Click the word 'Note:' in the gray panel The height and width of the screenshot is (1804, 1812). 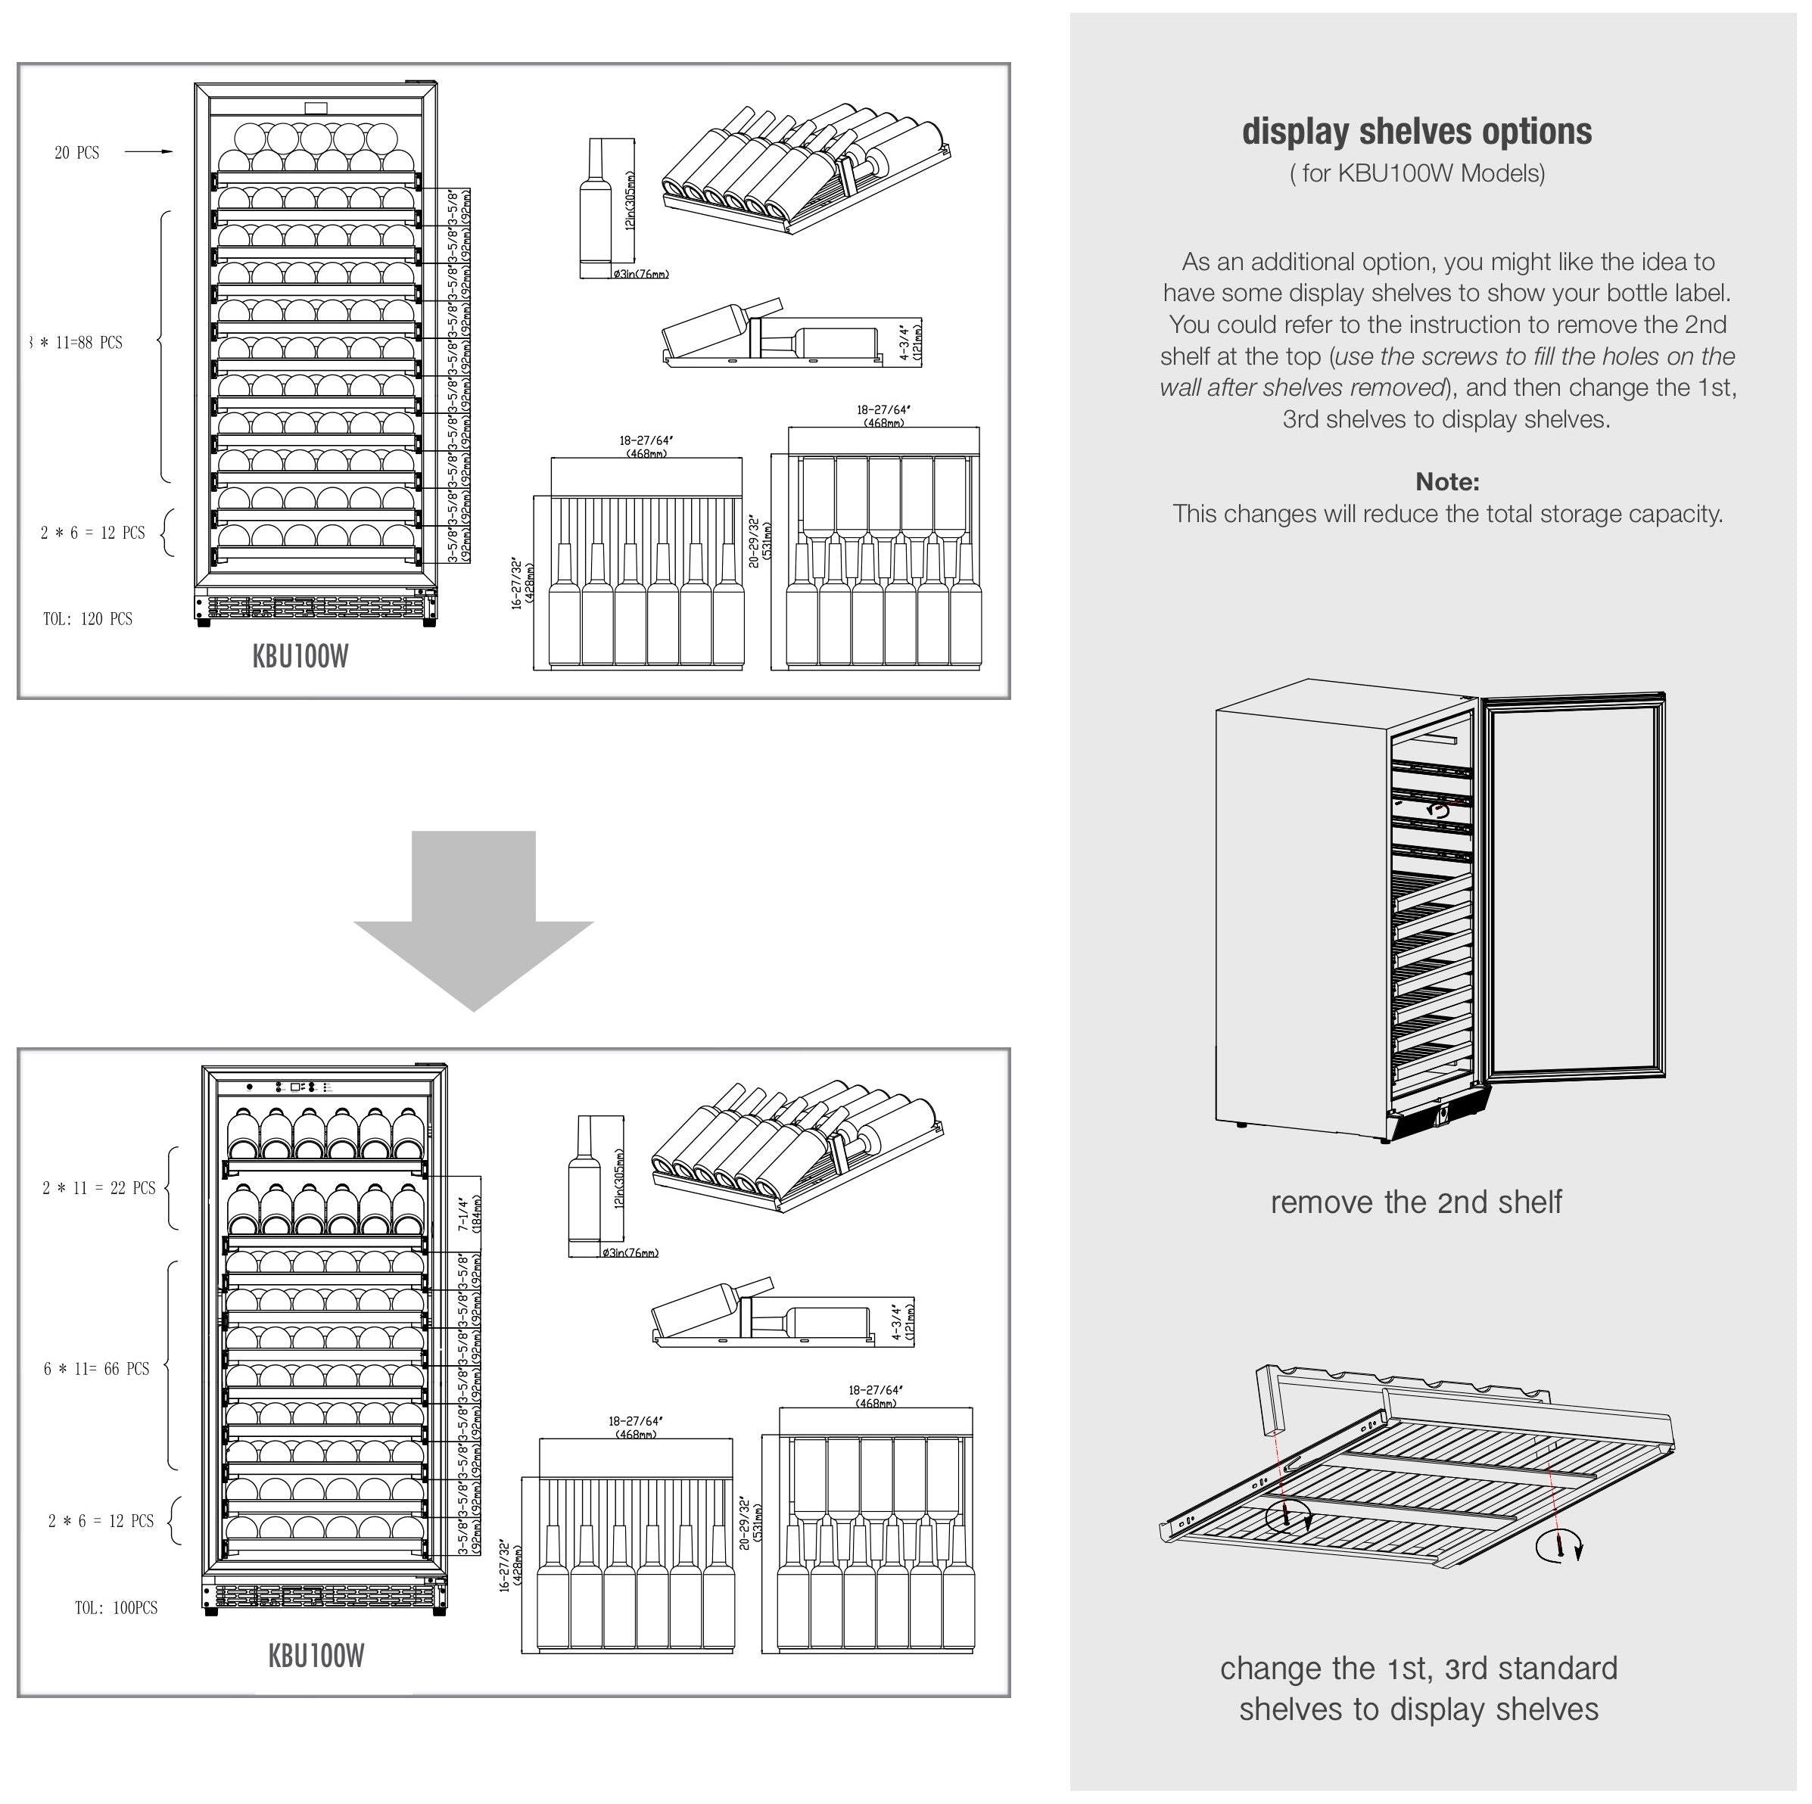click(1446, 482)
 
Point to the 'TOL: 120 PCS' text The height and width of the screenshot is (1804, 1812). click(87, 619)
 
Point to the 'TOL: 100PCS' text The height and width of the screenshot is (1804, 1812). click(117, 1607)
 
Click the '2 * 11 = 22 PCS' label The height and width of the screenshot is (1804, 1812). click(98, 1188)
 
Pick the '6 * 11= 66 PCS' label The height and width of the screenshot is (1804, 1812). click(97, 1369)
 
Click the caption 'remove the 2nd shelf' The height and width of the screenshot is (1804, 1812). click(1415, 1202)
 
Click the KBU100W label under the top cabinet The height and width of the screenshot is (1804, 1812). click(300, 656)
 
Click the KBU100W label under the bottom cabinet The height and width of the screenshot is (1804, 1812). click(316, 1655)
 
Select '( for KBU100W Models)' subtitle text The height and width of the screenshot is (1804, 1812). click(1416, 173)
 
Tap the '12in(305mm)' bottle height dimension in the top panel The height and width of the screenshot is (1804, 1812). click(630, 201)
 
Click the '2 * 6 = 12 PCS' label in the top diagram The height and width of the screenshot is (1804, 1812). click(93, 533)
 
